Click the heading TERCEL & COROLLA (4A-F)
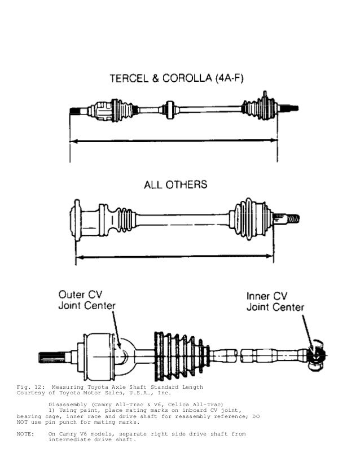point(177,79)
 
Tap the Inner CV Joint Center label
point(275,302)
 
